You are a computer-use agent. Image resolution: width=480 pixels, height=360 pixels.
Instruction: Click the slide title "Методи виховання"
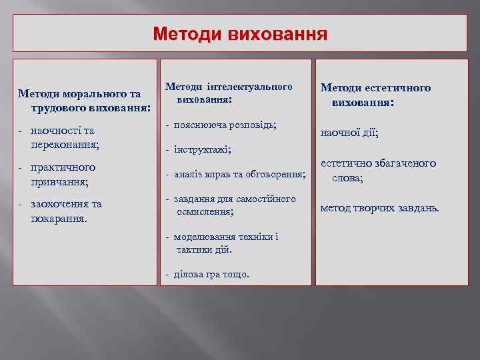point(240,33)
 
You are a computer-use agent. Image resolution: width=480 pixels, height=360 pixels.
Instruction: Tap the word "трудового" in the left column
point(55,107)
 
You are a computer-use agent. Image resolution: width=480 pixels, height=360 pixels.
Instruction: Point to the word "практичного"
point(63,167)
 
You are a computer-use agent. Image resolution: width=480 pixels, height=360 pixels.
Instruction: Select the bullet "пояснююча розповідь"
point(225,125)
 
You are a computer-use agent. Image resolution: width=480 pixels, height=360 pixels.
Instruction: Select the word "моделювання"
point(205,237)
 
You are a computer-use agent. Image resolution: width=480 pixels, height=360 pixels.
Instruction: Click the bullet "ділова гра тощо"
point(211,273)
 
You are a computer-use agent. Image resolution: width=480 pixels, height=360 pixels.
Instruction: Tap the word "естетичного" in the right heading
point(399,88)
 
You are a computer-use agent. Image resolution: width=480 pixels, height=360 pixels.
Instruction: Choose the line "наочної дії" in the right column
point(349,133)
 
